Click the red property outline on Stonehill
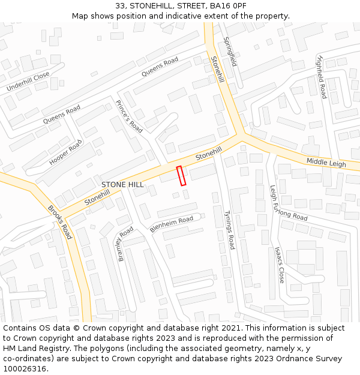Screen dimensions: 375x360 point(181,175)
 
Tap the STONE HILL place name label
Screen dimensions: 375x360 point(122,185)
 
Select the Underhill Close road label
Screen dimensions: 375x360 point(28,82)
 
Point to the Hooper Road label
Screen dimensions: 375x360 point(65,152)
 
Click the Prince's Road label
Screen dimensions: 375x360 point(129,116)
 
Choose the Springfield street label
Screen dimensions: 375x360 point(230,52)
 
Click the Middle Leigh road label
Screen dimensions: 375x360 point(326,163)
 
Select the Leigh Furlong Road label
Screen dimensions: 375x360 point(288,204)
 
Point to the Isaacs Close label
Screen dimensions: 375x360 point(280,265)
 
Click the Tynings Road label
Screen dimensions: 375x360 point(229,230)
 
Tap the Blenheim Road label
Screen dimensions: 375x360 point(172,223)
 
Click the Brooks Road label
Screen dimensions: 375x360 point(59,223)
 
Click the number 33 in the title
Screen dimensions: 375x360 point(121,6)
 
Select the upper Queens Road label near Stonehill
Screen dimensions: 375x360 point(160,67)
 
